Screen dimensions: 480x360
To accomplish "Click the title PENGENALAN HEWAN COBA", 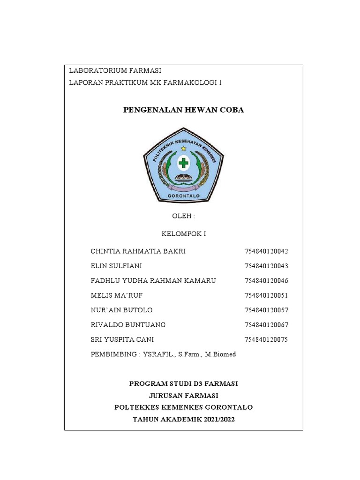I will [x=183, y=110].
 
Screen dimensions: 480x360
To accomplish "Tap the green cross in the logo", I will [x=183, y=164].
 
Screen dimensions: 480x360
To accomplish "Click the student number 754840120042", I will [x=266, y=251].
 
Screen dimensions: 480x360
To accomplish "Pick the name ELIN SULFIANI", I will [x=116, y=266].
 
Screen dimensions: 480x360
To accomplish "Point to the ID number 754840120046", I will [x=266, y=280].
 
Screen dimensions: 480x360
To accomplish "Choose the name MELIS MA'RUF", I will [x=116, y=295].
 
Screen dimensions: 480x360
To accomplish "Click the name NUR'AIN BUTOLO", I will [x=121, y=310].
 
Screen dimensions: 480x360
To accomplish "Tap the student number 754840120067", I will [x=266, y=324].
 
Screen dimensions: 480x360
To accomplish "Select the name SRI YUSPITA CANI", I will [x=122, y=339].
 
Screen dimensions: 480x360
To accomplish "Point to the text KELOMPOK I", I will [x=183, y=233].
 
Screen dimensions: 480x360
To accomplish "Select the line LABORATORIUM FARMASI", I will [x=115, y=71].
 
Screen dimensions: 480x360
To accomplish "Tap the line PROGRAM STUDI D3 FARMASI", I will [x=183, y=383].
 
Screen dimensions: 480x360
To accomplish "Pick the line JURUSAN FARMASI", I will [x=183, y=396].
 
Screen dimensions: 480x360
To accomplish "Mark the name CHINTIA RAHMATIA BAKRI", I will [x=138, y=251].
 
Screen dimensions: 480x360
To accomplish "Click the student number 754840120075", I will [x=266, y=339].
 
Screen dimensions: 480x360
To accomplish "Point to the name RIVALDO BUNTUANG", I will [x=128, y=324].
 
